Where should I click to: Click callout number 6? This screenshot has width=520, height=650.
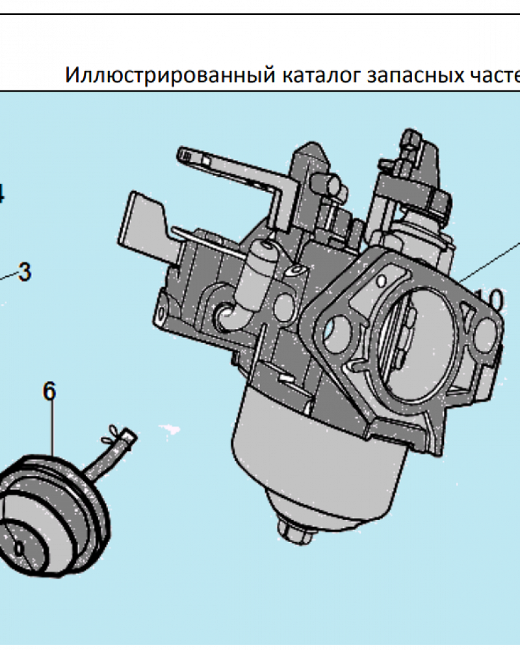click(x=49, y=391)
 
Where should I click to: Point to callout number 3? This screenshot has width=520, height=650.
click(x=24, y=272)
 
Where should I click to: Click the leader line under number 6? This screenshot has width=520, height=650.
click(x=51, y=429)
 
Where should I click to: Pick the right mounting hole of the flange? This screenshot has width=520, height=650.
click(x=484, y=332)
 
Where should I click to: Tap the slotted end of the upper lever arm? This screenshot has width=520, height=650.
click(x=192, y=157)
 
